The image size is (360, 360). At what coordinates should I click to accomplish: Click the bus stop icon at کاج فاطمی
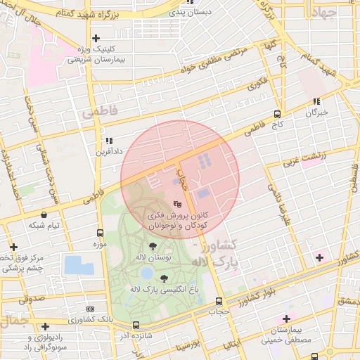pos(277,114)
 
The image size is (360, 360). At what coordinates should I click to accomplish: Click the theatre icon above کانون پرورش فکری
pos(166,202)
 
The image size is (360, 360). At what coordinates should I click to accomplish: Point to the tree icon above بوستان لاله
pos(153,245)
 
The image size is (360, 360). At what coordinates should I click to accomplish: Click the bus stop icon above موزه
pos(99,233)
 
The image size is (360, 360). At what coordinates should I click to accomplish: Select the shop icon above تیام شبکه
pos(44,214)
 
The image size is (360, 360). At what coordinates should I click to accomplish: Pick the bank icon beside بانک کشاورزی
pos(90,309)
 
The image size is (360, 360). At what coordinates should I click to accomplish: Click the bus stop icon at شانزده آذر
pos(136,325)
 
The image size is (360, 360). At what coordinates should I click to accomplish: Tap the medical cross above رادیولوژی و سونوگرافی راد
pos(45,326)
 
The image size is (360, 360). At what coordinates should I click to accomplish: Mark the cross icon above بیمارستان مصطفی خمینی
pos(286,319)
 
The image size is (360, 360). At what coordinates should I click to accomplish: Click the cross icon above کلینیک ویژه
pos(96,38)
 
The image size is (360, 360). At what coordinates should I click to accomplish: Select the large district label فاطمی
pos(97,112)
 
